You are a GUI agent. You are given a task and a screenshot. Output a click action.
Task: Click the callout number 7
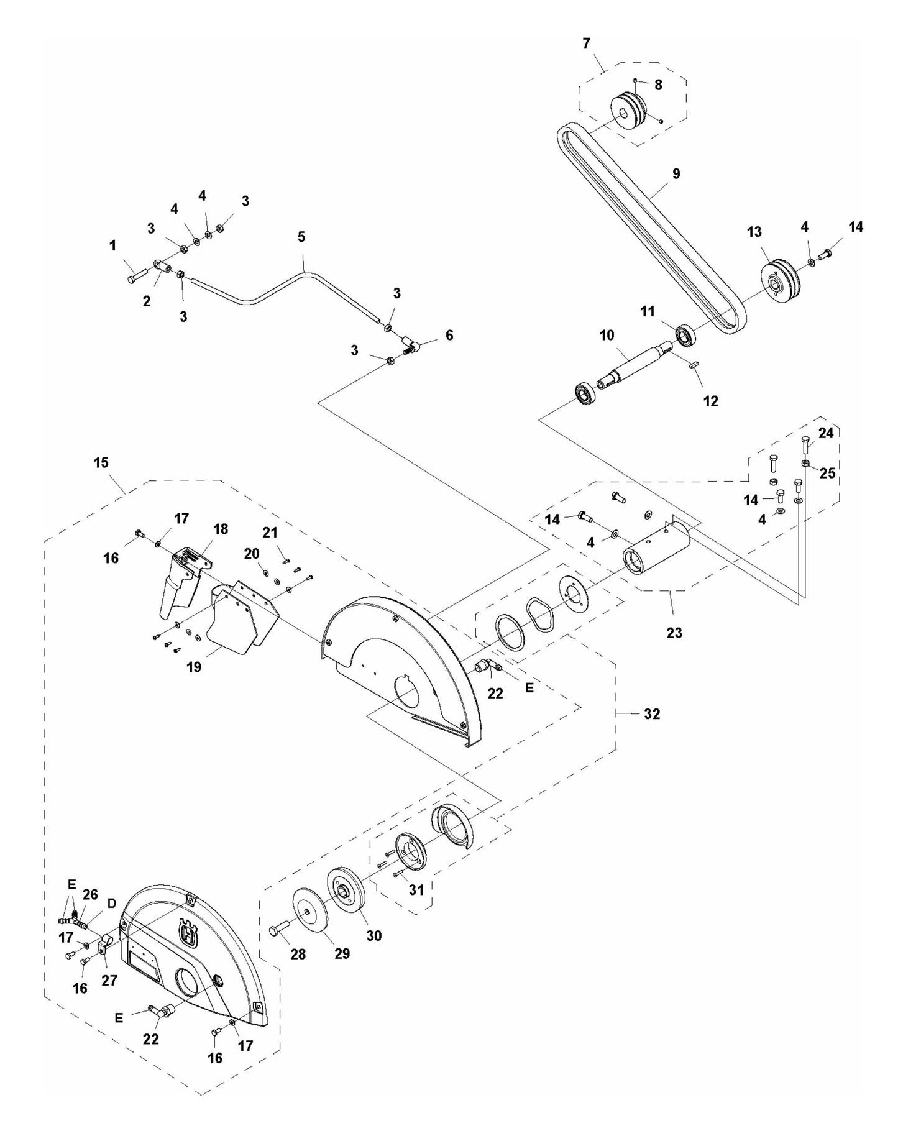[x=586, y=44]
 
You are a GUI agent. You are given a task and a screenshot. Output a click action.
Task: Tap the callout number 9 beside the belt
[x=676, y=173]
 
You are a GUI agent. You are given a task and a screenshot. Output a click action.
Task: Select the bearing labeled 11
[x=685, y=336]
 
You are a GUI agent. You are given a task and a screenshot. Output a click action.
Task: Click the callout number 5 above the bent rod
[x=301, y=237]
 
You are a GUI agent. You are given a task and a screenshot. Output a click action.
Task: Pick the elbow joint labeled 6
[x=411, y=342]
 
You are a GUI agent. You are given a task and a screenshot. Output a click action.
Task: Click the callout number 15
[x=101, y=462]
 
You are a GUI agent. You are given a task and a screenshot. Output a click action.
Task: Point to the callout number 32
[x=651, y=714]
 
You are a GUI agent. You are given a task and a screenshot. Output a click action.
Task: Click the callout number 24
[x=825, y=433]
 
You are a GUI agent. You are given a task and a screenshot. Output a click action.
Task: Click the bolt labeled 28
[x=277, y=930]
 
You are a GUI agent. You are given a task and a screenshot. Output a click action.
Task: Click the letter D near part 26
[x=112, y=904]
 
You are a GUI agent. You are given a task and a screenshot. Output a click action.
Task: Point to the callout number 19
[x=194, y=667]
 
